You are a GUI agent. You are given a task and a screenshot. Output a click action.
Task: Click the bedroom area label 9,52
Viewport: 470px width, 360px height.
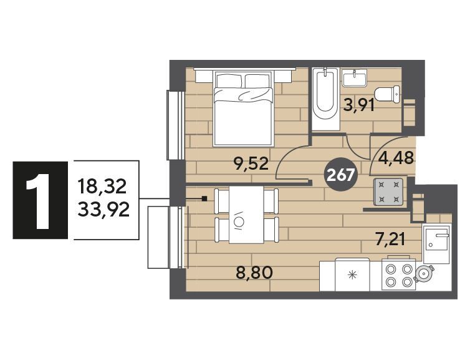tap(251, 164)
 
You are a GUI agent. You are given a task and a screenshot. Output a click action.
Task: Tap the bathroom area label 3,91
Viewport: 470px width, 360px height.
tap(359, 105)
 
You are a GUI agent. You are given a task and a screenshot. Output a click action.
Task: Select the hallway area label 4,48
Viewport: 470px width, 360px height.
tap(397, 158)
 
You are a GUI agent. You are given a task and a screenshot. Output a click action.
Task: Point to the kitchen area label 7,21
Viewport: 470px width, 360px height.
tap(391, 240)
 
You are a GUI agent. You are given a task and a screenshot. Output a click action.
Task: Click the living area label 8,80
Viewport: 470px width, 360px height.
tap(254, 273)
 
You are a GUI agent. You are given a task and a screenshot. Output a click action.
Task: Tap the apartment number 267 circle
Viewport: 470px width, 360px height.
tap(340, 175)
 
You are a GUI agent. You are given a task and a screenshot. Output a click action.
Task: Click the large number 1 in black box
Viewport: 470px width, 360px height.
tap(41, 200)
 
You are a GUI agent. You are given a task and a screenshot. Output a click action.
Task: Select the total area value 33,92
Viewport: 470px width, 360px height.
tap(103, 210)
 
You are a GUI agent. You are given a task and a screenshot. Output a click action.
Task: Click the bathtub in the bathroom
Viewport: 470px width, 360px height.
tap(325, 99)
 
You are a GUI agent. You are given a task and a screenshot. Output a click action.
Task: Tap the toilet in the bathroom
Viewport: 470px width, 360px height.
tap(387, 94)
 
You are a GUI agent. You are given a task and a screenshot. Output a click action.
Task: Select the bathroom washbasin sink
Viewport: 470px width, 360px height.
tap(354, 78)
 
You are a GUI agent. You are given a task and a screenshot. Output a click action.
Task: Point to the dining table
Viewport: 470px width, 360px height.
tap(246, 215)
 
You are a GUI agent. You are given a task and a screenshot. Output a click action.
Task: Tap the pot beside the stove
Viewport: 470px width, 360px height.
tap(423, 274)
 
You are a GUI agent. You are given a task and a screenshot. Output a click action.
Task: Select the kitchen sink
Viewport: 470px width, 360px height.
tap(436, 243)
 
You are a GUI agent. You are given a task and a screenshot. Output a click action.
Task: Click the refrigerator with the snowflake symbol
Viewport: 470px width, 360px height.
tap(353, 275)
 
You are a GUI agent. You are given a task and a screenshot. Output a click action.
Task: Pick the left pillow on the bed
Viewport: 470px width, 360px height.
tap(229, 80)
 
